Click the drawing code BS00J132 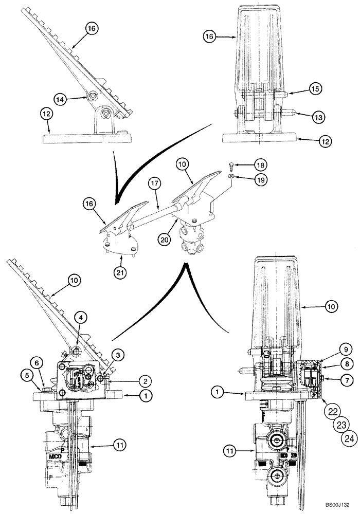(339, 505)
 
